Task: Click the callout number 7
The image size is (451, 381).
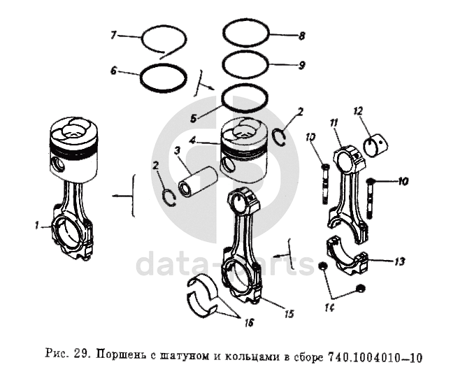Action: (113, 36)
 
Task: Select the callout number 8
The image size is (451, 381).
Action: (302, 36)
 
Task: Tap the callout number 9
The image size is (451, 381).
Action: (302, 66)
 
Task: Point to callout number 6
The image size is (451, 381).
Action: (114, 71)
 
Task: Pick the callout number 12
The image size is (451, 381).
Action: (358, 111)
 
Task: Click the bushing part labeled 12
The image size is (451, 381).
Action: (376, 145)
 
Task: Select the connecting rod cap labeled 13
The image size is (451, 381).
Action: (348, 254)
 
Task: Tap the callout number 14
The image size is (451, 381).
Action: (329, 308)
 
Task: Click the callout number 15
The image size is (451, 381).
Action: (289, 314)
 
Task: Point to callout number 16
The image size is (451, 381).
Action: (250, 323)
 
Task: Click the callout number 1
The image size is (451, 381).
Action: (36, 226)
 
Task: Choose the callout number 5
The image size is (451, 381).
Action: (194, 118)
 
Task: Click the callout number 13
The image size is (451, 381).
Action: (399, 261)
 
